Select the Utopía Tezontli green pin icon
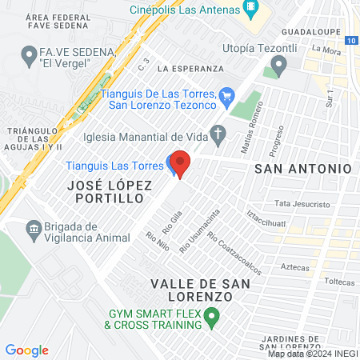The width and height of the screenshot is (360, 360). click(278, 66)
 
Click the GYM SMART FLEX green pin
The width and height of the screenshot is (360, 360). click(212, 319)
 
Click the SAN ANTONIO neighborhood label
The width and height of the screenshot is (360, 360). click(302, 169)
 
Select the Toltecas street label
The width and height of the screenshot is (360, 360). click(341, 282)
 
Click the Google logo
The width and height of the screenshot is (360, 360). click(26, 350)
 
